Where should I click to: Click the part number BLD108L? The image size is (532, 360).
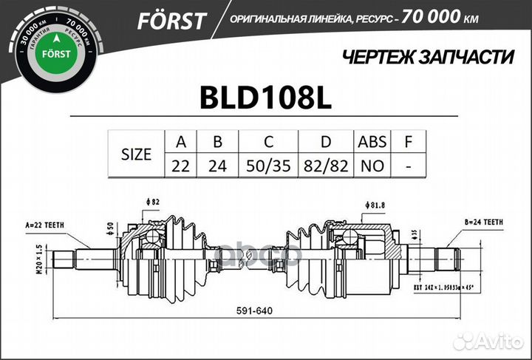coord(266,99)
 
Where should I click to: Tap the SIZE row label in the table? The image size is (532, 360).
coord(136,154)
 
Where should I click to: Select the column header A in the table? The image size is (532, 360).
coord(180,141)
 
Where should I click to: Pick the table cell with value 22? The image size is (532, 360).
coord(180,166)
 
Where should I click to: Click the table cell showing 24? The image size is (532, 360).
coord(217,166)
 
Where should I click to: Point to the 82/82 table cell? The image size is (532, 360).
coord(326,166)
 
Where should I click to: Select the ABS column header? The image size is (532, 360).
coord(372,141)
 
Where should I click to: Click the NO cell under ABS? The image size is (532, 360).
coord(372,166)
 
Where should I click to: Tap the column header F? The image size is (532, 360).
coord(409,141)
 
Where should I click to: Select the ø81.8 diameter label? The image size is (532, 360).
coord(375,205)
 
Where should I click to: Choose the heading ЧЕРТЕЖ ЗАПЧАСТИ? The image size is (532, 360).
coord(429,56)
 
